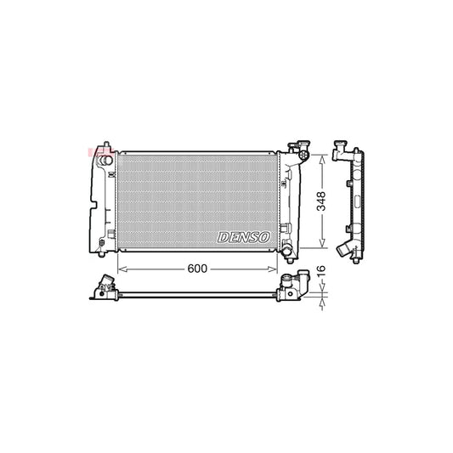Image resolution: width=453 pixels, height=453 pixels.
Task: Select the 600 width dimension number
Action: point(197,268)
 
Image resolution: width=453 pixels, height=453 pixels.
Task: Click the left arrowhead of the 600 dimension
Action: point(120,268)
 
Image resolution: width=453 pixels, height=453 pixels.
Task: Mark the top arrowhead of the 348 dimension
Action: point(322,157)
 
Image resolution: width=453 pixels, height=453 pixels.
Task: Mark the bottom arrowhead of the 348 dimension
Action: point(322,246)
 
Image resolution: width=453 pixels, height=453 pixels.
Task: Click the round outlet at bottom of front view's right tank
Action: point(287,250)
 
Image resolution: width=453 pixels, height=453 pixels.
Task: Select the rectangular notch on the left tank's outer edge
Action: point(92,204)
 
